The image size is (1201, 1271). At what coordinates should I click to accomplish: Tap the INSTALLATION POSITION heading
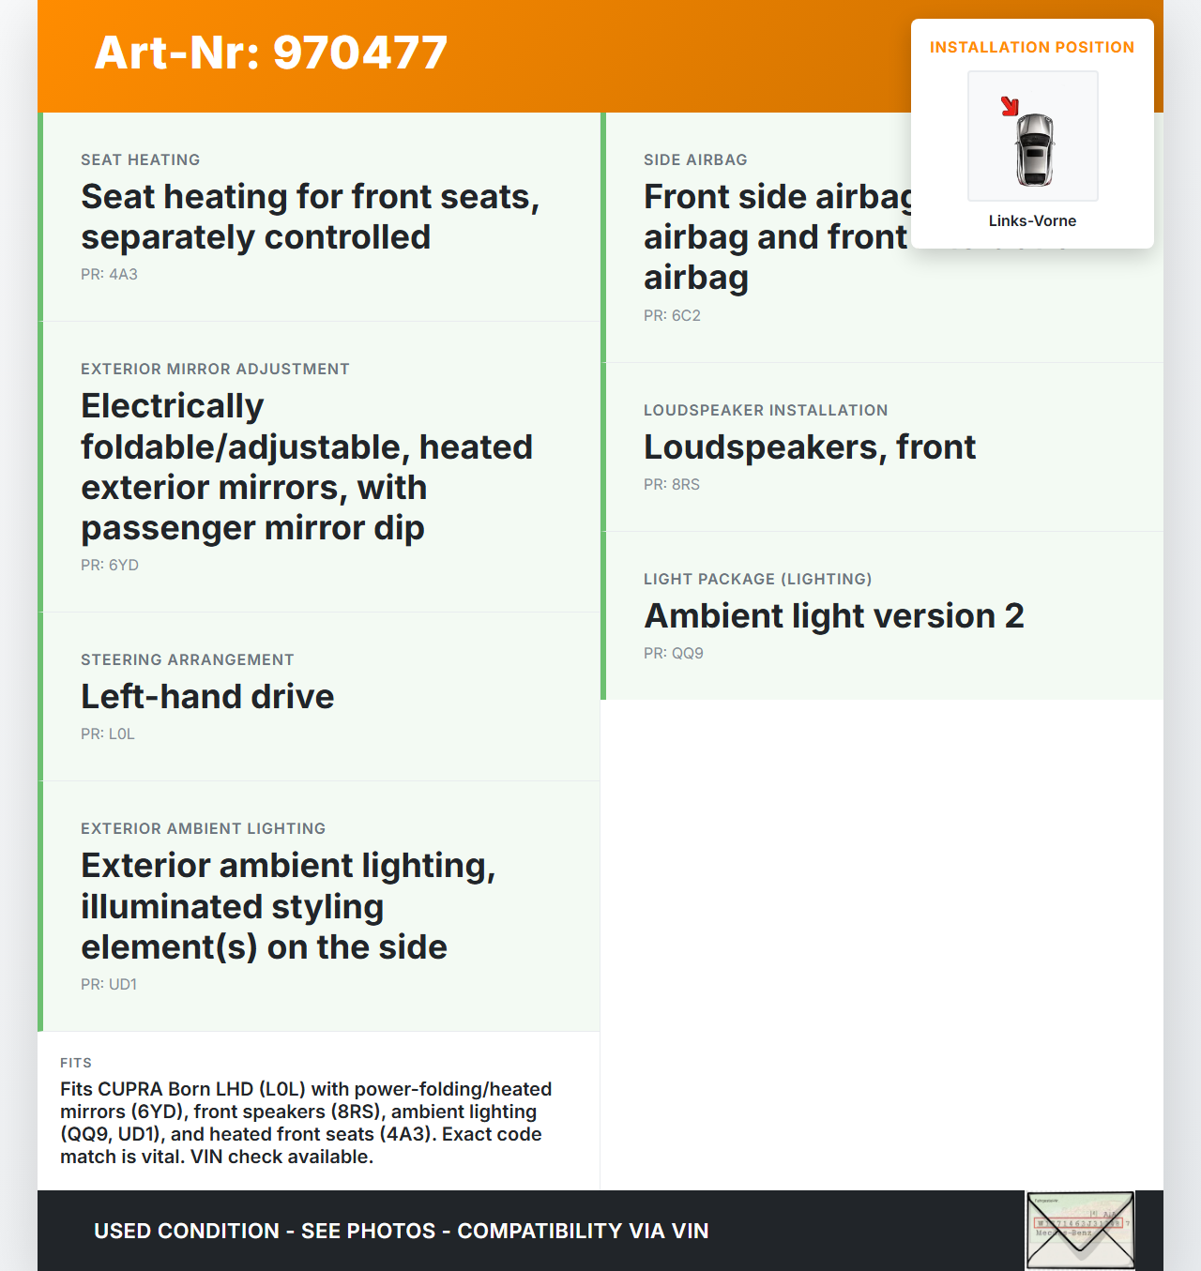[1031, 47]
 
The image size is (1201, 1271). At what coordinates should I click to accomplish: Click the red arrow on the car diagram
[1010, 106]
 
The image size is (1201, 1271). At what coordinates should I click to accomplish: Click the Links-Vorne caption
[1032, 220]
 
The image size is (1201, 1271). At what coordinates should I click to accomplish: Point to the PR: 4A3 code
[109, 274]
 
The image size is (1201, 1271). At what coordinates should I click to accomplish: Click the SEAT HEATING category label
[140, 159]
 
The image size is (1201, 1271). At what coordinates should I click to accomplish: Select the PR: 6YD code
[110, 565]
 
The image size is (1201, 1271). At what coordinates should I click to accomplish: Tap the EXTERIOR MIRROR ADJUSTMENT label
[215, 369]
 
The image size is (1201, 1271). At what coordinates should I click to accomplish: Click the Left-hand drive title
[207, 696]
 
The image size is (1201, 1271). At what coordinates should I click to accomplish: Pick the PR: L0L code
[108, 734]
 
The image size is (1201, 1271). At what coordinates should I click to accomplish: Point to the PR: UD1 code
[109, 984]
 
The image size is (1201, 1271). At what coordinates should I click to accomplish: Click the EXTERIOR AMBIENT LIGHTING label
[203, 828]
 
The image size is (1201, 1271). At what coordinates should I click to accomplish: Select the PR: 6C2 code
[672, 315]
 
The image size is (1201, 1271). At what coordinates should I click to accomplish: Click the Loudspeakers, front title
[810, 446]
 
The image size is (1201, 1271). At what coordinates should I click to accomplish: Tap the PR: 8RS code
[672, 484]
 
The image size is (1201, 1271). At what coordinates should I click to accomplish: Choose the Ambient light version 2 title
[834, 615]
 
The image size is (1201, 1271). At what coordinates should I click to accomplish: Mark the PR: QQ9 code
[674, 653]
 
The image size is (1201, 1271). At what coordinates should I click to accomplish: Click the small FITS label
[76, 1063]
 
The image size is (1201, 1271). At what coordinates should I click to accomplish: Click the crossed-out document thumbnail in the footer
[1080, 1230]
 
